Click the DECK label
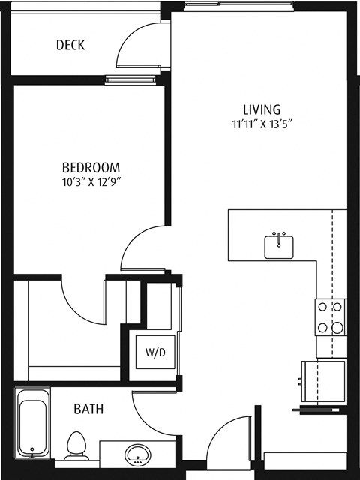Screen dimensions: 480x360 click(x=70, y=46)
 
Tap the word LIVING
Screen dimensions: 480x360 click(x=261, y=109)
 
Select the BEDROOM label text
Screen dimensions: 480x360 click(x=91, y=166)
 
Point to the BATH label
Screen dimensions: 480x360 click(x=88, y=409)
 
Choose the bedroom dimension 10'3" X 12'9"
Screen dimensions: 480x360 click(x=91, y=181)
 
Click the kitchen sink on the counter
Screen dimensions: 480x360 click(x=279, y=245)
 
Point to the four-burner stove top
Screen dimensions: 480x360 click(x=330, y=316)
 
